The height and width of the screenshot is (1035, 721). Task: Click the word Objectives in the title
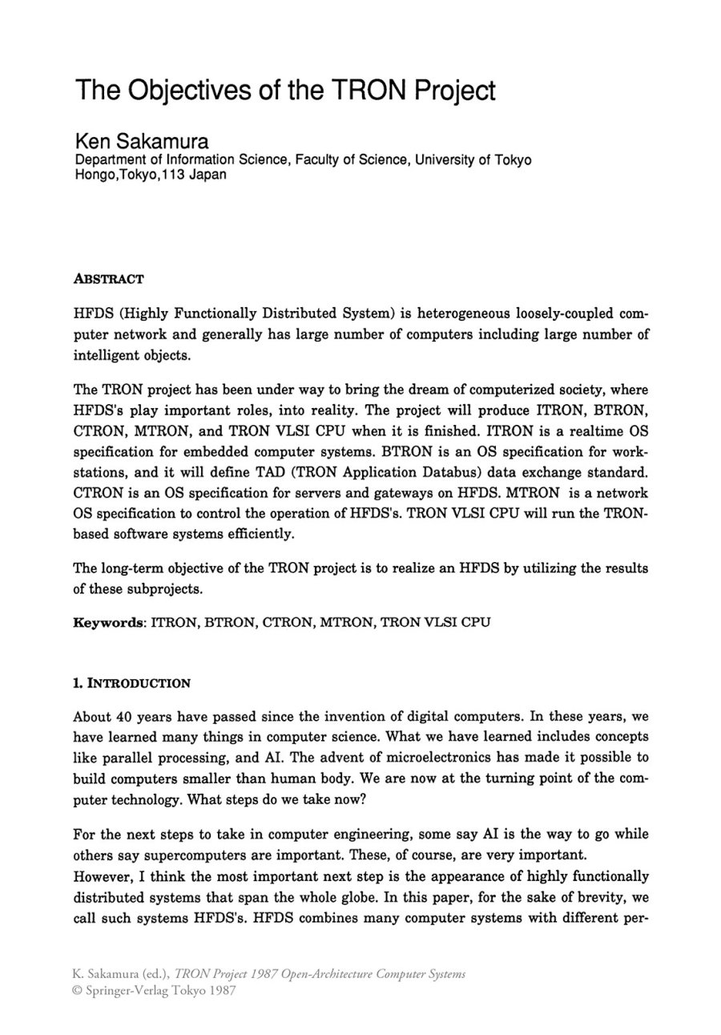coord(174,90)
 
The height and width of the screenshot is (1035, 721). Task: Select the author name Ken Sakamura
coord(142,142)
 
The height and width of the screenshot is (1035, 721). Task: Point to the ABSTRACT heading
coord(108,279)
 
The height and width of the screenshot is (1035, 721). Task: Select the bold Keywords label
coord(108,622)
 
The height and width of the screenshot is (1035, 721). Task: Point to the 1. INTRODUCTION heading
coord(131,684)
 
